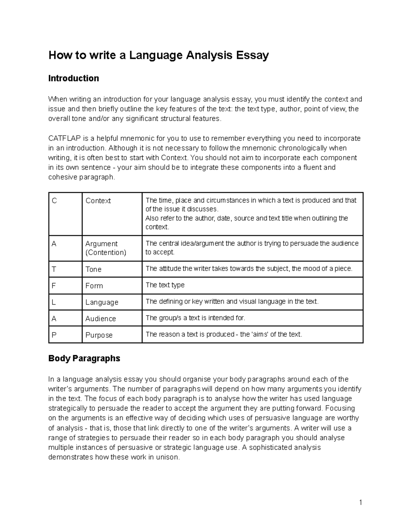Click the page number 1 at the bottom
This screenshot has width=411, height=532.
pos(360,503)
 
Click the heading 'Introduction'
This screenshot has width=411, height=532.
pos(74,78)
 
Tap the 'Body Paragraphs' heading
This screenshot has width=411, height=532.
pos(84,358)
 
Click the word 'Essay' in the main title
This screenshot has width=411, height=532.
pos(251,55)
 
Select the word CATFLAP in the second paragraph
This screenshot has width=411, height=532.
pos(64,138)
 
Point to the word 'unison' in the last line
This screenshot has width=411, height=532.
pos(167,457)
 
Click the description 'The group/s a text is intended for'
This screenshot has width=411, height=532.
pos(195,318)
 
